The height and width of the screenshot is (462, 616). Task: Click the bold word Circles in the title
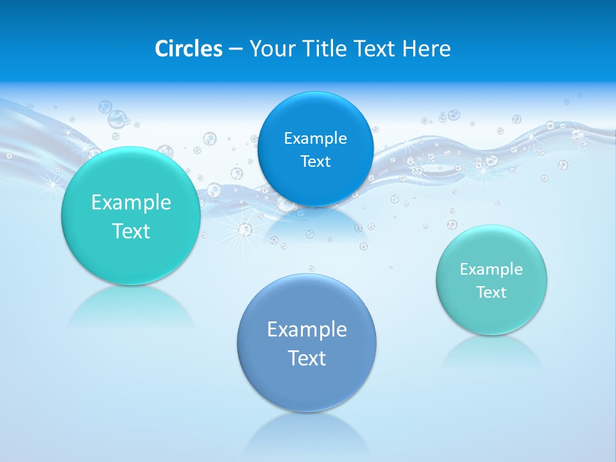pyautogui.click(x=188, y=49)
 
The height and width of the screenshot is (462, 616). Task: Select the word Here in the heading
pyautogui.click(x=427, y=49)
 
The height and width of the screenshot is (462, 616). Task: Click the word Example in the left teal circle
pyautogui.click(x=131, y=203)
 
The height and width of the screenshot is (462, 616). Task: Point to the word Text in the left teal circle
pyautogui.click(x=131, y=231)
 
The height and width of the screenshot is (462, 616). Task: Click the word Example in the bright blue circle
pyautogui.click(x=315, y=138)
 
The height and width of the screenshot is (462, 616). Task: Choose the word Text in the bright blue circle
pyautogui.click(x=315, y=161)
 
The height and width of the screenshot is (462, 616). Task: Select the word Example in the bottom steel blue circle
pyautogui.click(x=307, y=329)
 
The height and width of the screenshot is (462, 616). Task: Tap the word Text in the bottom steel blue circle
pyautogui.click(x=307, y=357)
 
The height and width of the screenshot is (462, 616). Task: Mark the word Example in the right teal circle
pyautogui.click(x=492, y=269)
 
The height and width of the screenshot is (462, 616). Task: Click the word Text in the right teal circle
pyautogui.click(x=492, y=292)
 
